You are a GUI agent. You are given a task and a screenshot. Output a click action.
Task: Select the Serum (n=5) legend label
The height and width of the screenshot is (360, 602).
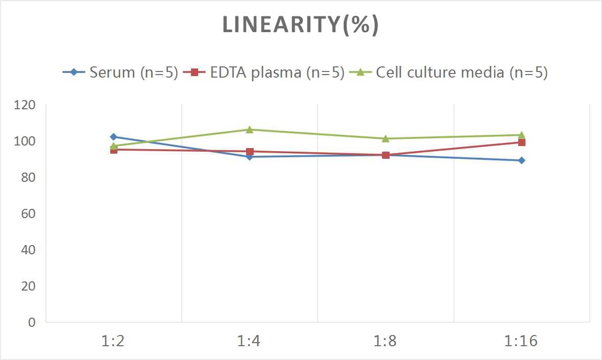[133, 73]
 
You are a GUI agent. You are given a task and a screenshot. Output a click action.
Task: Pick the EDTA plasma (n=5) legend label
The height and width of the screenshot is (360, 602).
[277, 73]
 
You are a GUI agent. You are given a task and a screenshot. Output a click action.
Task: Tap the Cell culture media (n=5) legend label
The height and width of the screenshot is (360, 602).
[462, 73]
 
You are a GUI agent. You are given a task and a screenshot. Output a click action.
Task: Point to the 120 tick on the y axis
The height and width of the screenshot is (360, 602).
[25, 105]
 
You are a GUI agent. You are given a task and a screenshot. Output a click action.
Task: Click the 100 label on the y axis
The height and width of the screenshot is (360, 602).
[25, 141]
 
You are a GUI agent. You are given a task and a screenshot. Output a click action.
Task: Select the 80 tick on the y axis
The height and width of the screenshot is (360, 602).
[28, 178]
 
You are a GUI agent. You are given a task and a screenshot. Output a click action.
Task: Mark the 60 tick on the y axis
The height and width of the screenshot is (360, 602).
[28, 213]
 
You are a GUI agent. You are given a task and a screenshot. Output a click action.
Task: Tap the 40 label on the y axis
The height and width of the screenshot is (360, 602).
[28, 250]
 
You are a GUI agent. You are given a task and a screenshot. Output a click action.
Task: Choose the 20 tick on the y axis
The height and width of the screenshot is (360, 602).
[28, 286]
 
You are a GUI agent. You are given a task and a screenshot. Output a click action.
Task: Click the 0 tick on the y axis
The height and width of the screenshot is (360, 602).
[32, 322]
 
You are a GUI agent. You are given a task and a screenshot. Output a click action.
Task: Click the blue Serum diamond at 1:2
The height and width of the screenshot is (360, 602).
[113, 137]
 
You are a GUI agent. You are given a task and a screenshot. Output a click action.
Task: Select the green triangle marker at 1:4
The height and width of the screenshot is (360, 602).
[249, 130]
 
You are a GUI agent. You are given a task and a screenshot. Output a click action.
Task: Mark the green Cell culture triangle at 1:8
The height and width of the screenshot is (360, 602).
[386, 138]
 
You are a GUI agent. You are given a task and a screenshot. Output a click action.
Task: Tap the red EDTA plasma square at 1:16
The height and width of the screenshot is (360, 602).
[521, 142]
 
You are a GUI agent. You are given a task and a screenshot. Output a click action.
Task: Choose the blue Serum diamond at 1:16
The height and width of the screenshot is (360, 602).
[521, 160]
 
